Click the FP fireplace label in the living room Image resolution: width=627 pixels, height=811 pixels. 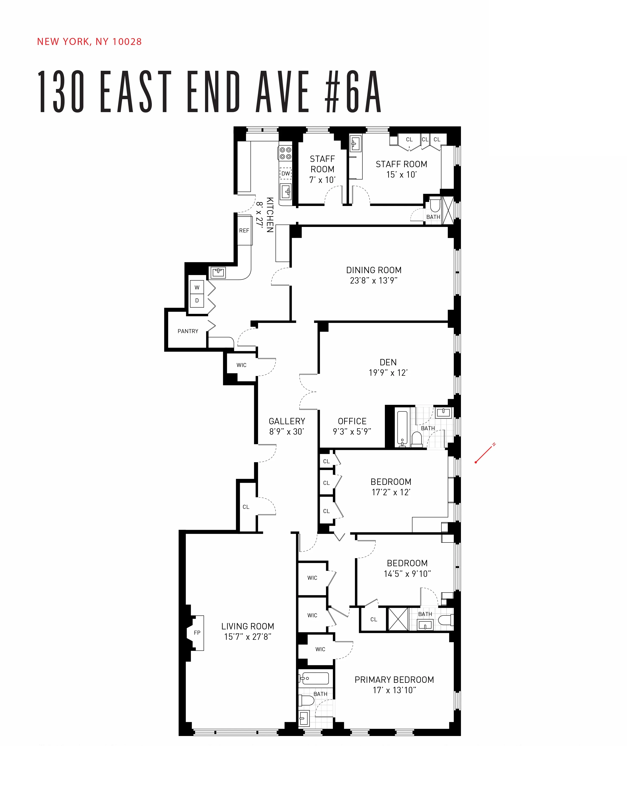click(x=197, y=632)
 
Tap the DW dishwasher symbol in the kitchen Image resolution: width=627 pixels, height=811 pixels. click(x=285, y=173)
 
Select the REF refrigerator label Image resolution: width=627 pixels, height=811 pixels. click(x=244, y=231)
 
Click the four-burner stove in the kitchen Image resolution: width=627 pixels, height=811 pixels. click(x=285, y=153)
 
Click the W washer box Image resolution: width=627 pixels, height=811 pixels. click(x=197, y=287)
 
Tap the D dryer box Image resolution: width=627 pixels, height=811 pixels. click(x=197, y=300)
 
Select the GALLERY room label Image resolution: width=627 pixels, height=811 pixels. click(x=287, y=421)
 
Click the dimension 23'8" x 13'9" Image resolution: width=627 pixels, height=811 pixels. click(x=373, y=281)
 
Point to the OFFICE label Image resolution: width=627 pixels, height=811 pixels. click(x=352, y=421)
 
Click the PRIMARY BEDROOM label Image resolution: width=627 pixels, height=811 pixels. click(x=394, y=680)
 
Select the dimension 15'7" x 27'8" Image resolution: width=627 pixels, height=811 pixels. click(x=247, y=636)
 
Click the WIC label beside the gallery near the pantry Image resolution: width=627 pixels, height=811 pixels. click(x=242, y=365)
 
